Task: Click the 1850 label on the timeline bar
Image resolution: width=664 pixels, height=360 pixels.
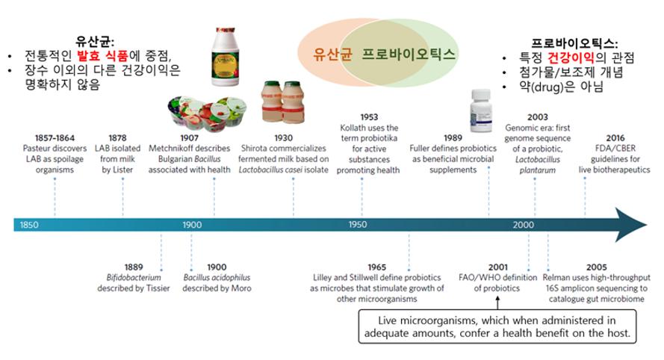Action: click(x=29, y=225)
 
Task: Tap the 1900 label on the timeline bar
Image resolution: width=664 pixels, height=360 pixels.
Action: click(x=192, y=225)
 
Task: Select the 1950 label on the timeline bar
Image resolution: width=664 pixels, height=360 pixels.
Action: click(x=358, y=225)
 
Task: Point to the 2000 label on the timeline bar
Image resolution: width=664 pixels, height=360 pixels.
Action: click(x=524, y=225)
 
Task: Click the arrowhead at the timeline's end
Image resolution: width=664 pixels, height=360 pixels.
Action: click(x=631, y=225)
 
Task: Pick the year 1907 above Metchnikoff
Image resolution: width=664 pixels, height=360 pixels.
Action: click(x=189, y=137)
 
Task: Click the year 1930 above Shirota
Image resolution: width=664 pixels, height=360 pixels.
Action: click(x=283, y=137)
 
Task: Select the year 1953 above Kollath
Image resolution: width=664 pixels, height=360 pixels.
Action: click(x=369, y=117)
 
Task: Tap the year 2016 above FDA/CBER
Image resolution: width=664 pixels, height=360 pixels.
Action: click(x=615, y=137)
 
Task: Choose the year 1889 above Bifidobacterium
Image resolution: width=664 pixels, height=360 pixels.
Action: click(x=134, y=267)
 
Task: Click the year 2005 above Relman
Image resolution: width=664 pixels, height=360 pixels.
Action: click(x=596, y=267)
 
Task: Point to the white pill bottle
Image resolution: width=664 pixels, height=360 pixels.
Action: click(x=481, y=111)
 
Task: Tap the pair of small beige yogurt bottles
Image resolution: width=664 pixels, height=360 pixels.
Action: click(x=283, y=102)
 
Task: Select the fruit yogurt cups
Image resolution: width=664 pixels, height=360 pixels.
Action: click(x=206, y=111)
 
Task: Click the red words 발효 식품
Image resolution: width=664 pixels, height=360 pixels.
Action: click(x=102, y=55)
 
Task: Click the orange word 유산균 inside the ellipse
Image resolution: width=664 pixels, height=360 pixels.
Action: click(x=333, y=54)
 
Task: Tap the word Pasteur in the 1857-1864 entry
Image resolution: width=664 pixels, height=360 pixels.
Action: click(x=37, y=148)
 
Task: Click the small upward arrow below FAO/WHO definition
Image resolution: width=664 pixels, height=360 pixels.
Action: click(x=497, y=302)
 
